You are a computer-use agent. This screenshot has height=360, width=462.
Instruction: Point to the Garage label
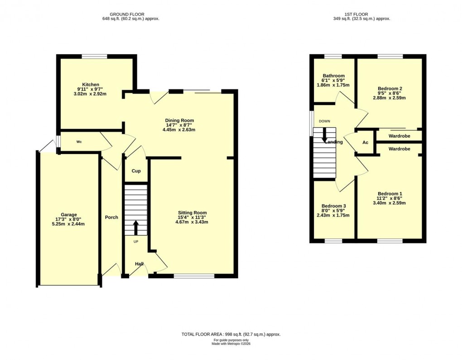point(69,215)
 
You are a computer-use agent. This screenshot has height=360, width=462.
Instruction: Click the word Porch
point(111,217)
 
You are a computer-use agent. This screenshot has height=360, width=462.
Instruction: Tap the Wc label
point(79,142)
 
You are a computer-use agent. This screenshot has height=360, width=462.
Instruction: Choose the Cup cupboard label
point(136,171)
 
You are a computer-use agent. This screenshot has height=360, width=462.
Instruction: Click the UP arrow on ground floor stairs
point(136,227)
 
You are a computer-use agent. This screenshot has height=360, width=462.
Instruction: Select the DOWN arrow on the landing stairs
point(324,134)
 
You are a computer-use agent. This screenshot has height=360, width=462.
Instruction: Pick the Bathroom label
point(333,76)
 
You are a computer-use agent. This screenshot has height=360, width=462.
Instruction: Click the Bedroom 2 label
point(390,89)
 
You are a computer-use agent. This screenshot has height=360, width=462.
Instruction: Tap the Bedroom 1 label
point(390,194)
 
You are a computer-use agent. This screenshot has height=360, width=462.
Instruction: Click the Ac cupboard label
point(366,142)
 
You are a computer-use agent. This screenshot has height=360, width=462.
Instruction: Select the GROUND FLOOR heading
point(130,14)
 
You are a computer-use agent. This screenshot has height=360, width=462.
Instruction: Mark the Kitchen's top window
point(94,56)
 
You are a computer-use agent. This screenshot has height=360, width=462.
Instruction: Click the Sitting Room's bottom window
point(194,275)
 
